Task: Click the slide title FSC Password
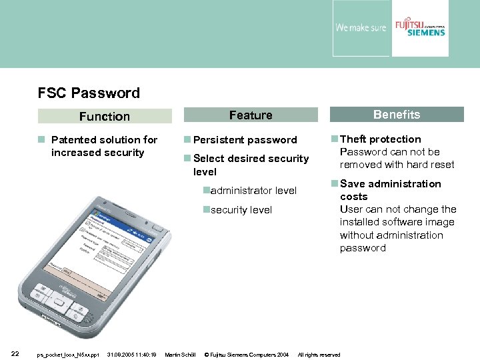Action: click(x=89, y=93)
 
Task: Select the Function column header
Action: click(x=104, y=117)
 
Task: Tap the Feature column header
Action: click(x=251, y=115)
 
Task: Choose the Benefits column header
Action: click(x=396, y=115)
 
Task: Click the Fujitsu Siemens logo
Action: click(x=419, y=28)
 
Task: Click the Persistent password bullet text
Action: click(x=245, y=140)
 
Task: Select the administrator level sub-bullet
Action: click(x=253, y=191)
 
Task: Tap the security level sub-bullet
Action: click(x=241, y=210)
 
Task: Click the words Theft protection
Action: click(x=380, y=139)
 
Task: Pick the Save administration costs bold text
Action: click(x=390, y=190)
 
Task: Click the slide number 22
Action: click(x=15, y=354)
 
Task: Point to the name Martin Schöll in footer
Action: click(x=179, y=355)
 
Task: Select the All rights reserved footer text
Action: click(x=319, y=355)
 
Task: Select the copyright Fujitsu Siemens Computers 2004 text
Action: click(x=246, y=355)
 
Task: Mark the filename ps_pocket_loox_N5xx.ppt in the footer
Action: click(x=67, y=355)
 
